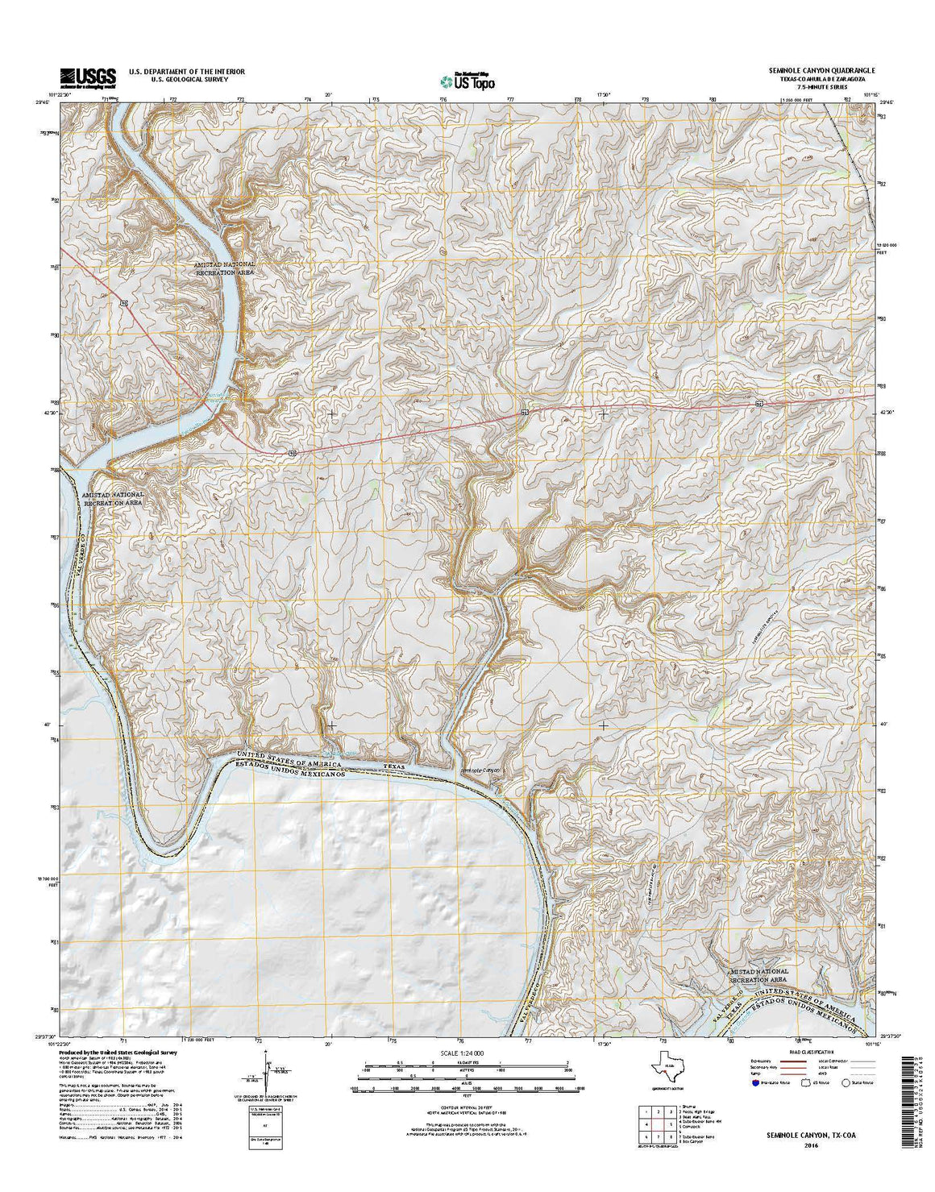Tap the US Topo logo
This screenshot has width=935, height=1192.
coord(467,80)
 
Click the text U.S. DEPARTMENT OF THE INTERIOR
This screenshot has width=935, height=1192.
coord(181,72)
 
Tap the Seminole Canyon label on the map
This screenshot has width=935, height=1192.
coord(480,770)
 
